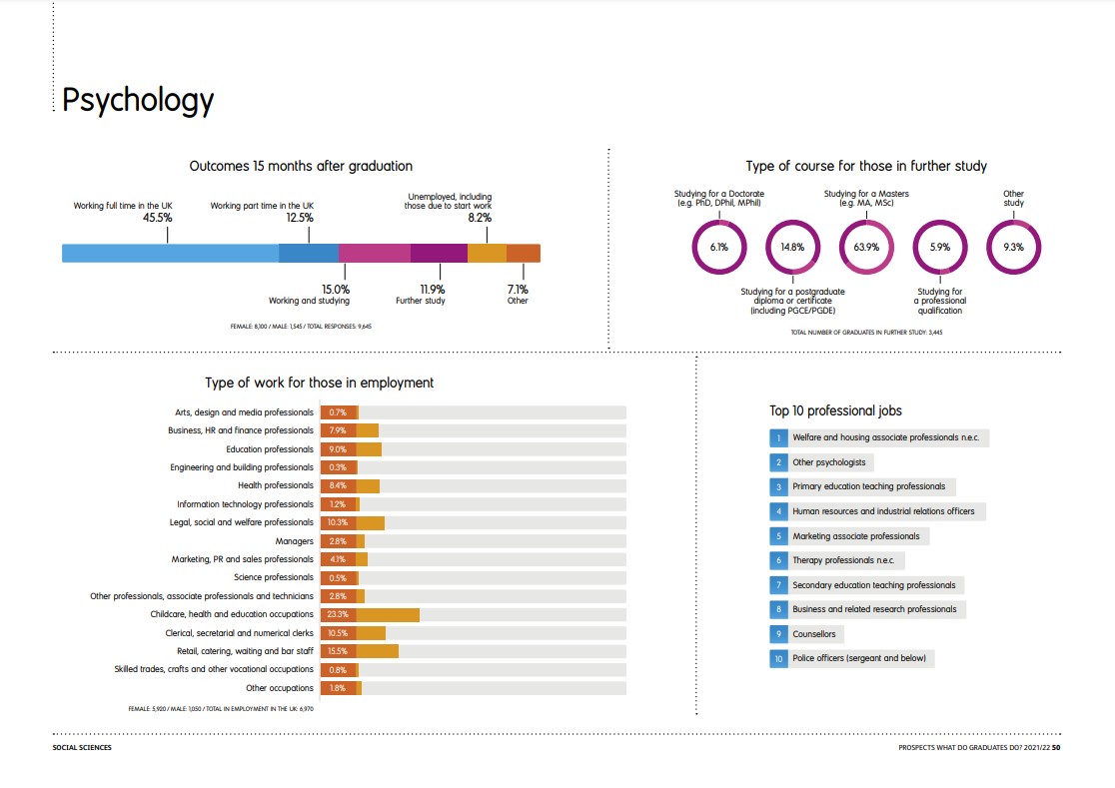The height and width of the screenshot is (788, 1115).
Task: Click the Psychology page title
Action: point(138,100)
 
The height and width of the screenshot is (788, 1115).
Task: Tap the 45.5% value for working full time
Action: point(158,217)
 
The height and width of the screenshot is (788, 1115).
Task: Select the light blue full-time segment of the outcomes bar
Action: point(170,253)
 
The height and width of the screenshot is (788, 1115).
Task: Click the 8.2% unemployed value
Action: point(480,217)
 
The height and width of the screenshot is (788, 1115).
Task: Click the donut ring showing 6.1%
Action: point(719,247)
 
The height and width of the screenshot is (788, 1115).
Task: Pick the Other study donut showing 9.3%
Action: point(1014,247)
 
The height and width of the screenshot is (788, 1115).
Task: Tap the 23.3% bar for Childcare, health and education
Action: point(370,614)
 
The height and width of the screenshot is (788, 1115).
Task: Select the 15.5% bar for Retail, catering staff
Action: point(360,651)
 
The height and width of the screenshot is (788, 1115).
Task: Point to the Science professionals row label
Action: point(273,577)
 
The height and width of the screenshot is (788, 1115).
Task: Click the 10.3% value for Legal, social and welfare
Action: point(338,522)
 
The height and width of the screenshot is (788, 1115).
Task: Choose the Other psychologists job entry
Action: point(829,462)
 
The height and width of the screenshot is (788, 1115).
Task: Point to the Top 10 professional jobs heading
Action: point(835,410)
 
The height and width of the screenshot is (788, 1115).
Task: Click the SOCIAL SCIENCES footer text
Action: point(82,747)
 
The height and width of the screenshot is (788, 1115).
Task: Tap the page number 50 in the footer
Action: point(1055,747)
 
